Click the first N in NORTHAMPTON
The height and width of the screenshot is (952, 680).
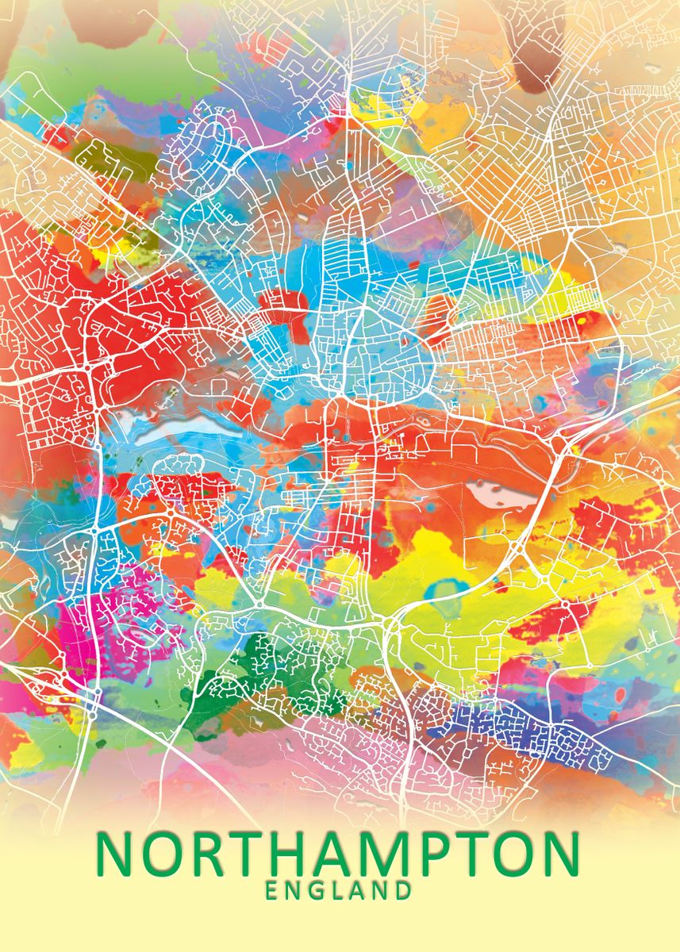pyautogui.click(x=114, y=853)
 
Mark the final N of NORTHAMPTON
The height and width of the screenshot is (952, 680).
pyautogui.click(x=560, y=853)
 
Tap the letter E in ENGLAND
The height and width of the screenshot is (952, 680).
pyautogui.click(x=272, y=890)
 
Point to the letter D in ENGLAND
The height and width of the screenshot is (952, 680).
pyautogui.click(x=402, y=890)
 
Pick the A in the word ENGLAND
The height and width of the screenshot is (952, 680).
pyautogui.click(x=359, y=890)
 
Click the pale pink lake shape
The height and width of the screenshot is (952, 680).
pyautogui.click(x=500, y=493)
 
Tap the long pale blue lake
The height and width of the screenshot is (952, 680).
pyautogui.click(x=186, y=429)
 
